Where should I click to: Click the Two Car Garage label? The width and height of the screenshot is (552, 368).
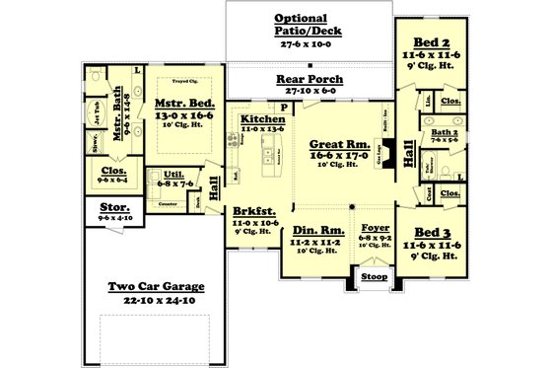157,287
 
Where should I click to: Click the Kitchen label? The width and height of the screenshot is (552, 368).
261,118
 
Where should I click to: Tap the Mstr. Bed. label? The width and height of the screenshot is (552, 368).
182,102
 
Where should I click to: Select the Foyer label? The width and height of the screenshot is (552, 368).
375,227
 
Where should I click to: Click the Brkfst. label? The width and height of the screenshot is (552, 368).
254,212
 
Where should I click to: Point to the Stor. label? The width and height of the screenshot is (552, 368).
114,208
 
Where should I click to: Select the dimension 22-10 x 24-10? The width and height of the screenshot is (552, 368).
157,300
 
